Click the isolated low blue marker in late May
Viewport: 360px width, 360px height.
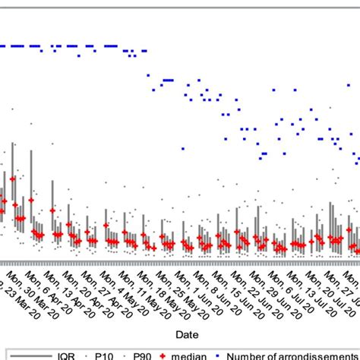pos(182,149)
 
